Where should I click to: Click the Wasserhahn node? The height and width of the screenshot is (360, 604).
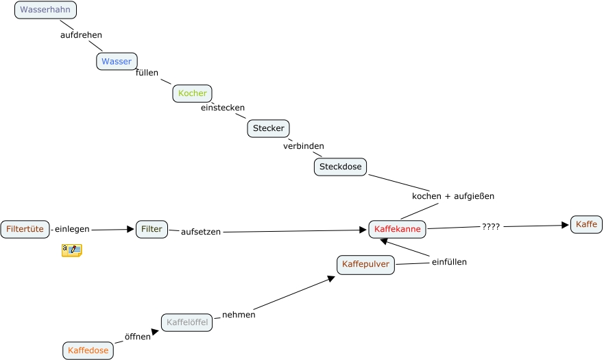[45, 10]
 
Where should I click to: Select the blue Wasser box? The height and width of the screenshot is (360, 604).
[117, 61]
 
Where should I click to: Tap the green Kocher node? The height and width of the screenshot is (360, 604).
[192, 93]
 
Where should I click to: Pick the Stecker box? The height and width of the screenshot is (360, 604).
[268, 128]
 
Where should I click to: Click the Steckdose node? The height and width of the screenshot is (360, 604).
[340, 167]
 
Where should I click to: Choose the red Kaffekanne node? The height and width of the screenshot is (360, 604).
[398, 229]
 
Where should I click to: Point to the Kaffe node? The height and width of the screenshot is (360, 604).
[586, 224]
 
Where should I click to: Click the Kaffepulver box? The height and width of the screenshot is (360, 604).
[365, 264]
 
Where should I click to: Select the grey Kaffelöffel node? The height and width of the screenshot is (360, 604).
[186, 322]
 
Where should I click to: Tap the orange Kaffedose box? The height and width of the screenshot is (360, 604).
[88, 350]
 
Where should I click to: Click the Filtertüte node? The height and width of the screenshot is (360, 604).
[25, 228]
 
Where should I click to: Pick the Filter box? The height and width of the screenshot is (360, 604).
[152, 229]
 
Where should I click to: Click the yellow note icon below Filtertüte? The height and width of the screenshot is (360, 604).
[71, 250]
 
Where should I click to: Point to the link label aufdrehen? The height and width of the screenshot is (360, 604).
[81, 35]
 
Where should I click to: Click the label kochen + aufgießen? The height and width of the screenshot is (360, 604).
[452, 196]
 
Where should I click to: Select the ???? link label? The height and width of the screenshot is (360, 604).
[491, 226]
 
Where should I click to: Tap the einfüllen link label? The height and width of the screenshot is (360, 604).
[449, 262]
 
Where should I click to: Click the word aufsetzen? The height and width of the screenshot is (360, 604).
[201, 232]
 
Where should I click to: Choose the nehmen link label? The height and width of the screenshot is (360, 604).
[239, 315]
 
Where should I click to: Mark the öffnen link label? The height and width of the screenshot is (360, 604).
[137, 337]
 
